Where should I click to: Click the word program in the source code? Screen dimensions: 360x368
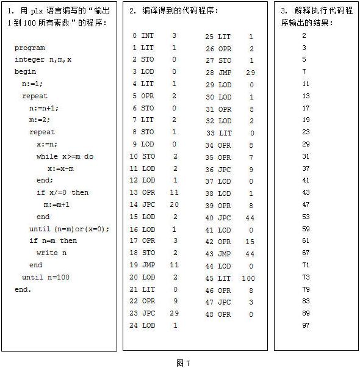(x=30, y=48)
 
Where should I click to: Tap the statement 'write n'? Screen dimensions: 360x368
(x=52, y=253)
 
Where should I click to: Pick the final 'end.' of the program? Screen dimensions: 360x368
(x=23, y=289)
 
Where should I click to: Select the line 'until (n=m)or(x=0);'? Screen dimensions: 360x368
(x=70, y=229)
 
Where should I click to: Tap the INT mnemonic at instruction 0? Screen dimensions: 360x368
(x=148, y=36)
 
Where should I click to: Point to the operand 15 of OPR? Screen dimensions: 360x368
(x=250, y=242)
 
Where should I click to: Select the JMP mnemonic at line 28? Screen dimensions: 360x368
(x=225, y=73)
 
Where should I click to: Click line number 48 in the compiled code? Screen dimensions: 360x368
(x=209, y=314)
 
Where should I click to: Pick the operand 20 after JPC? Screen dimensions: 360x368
(x=174, y=205)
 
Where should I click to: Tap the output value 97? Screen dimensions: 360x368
(x=306, y=325)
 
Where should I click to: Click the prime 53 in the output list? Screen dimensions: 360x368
(x=306, y=217)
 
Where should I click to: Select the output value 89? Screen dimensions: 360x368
(x=306, y=313)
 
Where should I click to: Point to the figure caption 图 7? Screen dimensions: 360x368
(x=183, y=363)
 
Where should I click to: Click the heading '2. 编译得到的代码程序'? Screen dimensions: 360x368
(x=173, y=11)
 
